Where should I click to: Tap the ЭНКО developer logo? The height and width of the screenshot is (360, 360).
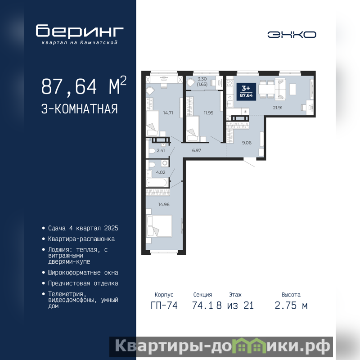[x=292, y=35]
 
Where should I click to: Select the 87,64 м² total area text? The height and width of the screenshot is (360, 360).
[x=84, y=85]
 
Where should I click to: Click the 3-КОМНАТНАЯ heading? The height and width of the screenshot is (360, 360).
[x=80, y=109]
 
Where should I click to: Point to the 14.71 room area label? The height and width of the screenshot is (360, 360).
[x=168, y=113]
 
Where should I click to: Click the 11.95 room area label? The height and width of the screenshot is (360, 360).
[x=208, y=113]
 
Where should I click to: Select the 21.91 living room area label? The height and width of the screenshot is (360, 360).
[x=278, y=108]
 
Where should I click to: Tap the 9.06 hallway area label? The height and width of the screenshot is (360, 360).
[x=247, y=143]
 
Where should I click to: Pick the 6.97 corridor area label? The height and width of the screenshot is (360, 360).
[x=197, y=150]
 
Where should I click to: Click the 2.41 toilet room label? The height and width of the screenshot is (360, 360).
[x=161, y=150]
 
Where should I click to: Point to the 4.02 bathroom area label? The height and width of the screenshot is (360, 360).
[x=161, y=172]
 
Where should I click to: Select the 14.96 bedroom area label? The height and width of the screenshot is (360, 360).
[x=164, y=204]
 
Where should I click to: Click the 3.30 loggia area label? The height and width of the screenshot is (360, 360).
[x=202, y=79]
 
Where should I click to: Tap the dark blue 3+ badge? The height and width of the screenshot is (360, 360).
[x=246, y=92]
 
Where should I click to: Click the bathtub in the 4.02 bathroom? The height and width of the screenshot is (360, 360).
[x=157, y=183]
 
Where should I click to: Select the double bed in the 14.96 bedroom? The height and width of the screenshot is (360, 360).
[x=159, y=226]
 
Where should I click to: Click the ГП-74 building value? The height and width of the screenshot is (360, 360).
[x=164, y=306]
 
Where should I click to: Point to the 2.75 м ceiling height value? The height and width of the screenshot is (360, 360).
[x=291, y=306]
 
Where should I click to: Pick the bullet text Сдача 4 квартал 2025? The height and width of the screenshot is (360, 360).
[x=83, y=228]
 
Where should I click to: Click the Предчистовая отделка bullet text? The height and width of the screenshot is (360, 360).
[x=83, y=283]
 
